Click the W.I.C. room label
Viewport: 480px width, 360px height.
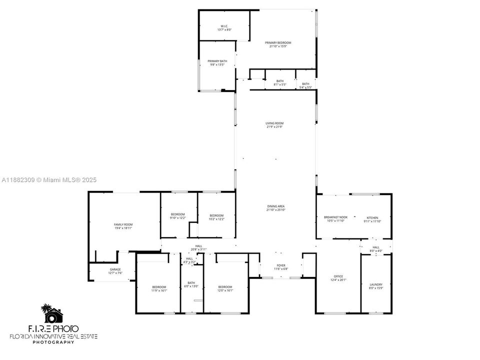pyautogui.click(x=224, y=25)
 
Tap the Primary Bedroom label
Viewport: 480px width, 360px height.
pyautogui.click(x=278, y=42)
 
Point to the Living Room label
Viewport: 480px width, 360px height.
pyautogui.click(x=274, y=123)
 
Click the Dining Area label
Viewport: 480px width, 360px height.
pyautogui.click(x=275, y=206)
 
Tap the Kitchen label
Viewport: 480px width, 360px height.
pyautogui.click(x=373, y=217)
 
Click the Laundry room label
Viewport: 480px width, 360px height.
pyautogui.click(x=375, y=284)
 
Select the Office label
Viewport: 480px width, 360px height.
pyautogui.click(x=338, y=276)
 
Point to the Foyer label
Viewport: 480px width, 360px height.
pyautogui.click(x=281, y=265)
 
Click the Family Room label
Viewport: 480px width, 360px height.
pyautogui.click(x=122, y=224)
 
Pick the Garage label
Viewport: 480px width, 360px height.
pyautogui.click(x=115, y=269)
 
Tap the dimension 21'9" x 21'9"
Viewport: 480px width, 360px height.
pyautogui.click(x=274, y=127)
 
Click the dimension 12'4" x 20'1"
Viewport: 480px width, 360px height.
pyautogui.click(x=338, y=280)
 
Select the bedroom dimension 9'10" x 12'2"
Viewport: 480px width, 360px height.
pyautogui.click(x=177, y=218)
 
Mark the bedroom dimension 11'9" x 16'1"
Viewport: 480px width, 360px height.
pyautogui.click(x=159, y=290)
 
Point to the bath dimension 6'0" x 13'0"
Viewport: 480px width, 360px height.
pyautogui.click(x=191, y=286)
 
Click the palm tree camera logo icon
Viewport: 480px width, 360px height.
pyautogui.click(x=52, y=314)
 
